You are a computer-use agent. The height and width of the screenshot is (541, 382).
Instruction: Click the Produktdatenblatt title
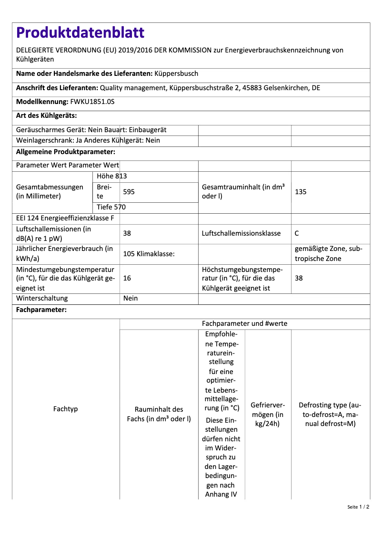pos(80,32)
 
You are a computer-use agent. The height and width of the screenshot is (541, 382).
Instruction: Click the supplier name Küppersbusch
pos(176,74)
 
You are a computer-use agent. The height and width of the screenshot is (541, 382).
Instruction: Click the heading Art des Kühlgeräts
pos(46,115)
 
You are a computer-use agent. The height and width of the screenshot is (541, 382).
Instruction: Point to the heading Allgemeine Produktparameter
pos(66,152)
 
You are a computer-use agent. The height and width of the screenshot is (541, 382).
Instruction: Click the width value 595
pos(129,192)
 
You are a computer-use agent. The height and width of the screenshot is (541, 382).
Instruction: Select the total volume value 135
pos(301,192)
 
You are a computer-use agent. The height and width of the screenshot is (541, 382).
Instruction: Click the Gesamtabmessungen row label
pos(50,192)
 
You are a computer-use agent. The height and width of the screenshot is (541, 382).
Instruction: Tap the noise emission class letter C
pos(297,234)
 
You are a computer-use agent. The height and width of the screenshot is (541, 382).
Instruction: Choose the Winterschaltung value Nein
pos(131,298)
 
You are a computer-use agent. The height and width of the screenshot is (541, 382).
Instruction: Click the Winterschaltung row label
pos(42,298)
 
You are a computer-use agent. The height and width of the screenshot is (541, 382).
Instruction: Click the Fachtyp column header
pos(66,409)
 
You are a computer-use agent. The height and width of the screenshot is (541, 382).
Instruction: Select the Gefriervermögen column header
pos(268,414)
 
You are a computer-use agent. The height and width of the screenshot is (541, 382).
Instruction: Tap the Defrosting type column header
pos(330,414)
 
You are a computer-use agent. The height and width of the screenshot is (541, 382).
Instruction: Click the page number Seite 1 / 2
pos(358,507)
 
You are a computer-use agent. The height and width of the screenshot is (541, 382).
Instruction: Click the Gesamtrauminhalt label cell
pos(243,192)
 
